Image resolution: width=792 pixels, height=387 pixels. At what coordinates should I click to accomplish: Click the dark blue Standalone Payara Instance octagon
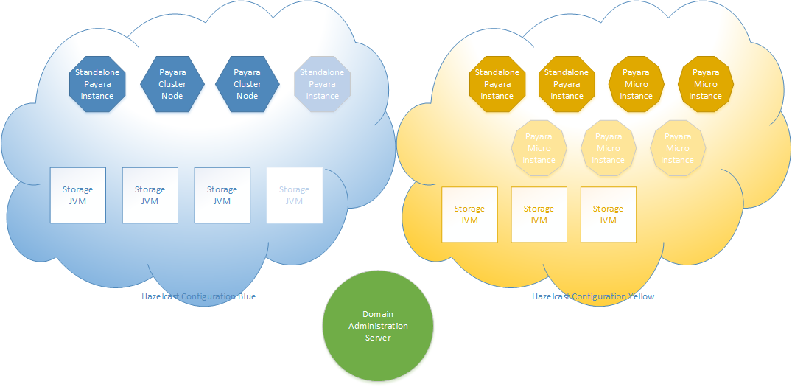97,84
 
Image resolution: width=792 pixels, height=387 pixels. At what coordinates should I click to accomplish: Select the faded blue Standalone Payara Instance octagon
322,84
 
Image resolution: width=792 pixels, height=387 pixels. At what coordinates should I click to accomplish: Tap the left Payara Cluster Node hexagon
172,84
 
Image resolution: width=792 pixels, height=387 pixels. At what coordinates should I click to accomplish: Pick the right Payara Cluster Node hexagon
247,84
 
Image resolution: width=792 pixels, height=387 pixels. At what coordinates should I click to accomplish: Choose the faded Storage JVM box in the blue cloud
294,195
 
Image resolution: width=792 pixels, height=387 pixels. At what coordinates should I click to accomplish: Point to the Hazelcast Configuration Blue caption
198,296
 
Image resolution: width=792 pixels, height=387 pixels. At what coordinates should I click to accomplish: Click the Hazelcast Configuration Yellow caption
593,296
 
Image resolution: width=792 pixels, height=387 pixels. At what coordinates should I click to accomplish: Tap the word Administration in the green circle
378,326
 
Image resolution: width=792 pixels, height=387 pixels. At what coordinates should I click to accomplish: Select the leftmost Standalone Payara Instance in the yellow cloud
497,84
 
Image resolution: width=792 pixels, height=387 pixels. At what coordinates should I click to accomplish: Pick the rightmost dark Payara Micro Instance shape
705,84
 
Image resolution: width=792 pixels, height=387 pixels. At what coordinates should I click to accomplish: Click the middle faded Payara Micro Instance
608,148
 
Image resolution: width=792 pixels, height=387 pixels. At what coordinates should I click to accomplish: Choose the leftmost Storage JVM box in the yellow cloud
469,215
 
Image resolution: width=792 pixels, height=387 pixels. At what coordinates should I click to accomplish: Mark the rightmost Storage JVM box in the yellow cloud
608,215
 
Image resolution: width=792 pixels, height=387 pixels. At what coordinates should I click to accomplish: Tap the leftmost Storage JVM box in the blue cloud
77,195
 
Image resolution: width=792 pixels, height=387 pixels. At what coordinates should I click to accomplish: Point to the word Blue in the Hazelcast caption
246,296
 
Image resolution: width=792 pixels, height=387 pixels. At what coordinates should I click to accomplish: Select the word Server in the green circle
378,338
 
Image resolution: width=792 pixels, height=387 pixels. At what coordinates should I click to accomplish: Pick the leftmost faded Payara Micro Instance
539,148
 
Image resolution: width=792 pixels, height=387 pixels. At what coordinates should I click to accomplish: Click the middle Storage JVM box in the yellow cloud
539,215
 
